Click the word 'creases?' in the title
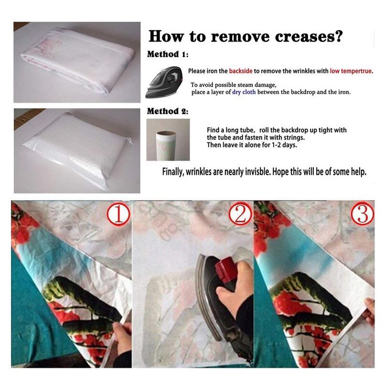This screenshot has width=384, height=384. [309, 36]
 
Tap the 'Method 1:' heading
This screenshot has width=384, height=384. [168, 54]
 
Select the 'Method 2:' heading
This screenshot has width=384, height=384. [168, 111]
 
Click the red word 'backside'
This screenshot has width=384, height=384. [241, 71]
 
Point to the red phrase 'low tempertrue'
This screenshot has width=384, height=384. [351, 71]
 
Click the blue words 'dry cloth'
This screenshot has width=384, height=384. [244, 92]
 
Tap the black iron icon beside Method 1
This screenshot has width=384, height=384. [164, 82]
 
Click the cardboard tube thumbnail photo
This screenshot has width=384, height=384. [168, 139]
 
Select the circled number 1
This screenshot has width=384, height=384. [118, 214]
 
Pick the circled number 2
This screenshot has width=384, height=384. [240, 214]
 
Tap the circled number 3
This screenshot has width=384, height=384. [363, 213]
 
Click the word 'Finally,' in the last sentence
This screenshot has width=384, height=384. [173, 172]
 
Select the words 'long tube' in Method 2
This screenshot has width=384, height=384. [240, 130]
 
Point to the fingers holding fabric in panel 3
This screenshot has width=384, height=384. [369, 310]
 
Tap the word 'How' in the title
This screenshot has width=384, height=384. [167, 36]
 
